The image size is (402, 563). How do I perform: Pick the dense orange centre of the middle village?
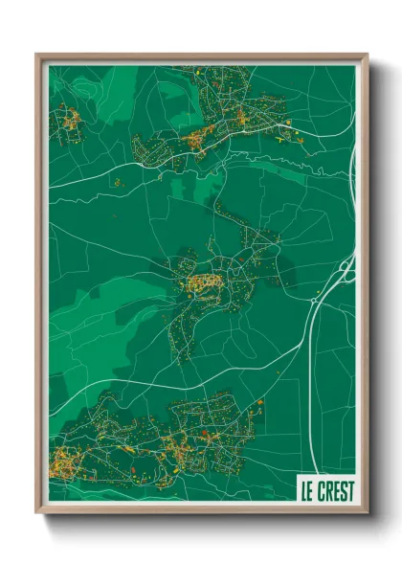[x=205, y=282]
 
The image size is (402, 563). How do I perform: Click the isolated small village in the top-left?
[x=68, y=122]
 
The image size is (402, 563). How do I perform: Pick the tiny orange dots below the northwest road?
[x=117, y=181]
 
